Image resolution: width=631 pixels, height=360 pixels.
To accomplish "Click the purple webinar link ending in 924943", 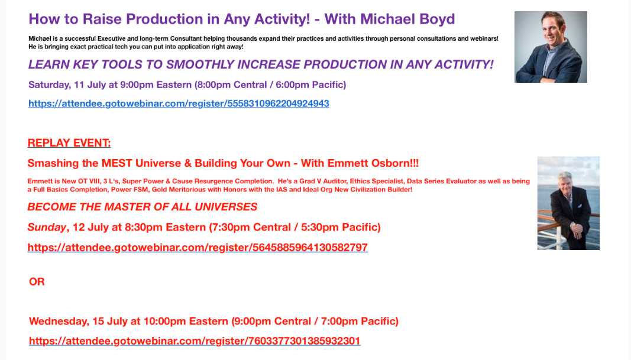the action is click(179, 104).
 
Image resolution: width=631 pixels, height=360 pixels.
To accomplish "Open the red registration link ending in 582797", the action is click(198, 247).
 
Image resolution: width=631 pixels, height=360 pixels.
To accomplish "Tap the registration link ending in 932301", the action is click(195, 341).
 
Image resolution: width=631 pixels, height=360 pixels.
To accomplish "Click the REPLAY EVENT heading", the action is click(69, 143).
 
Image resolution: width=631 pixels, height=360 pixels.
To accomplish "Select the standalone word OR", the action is click(37, 281).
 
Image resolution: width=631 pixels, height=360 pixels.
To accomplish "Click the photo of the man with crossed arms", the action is click(551, 47).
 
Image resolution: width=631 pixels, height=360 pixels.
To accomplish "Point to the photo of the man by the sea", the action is click(568, 203).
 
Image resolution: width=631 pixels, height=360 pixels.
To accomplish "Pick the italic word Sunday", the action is click(47, 228).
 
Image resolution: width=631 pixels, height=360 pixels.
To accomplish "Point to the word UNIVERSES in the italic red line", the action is click(226, 207).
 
